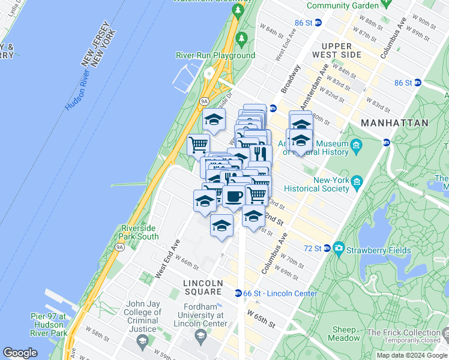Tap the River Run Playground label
(x=215, y=56)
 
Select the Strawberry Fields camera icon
(x=339, y=248)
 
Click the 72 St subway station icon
(x=327, y=248)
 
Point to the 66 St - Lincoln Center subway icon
(x=238, y=293)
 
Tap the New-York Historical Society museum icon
(x=357, y=182)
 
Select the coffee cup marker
(x=234, y=196)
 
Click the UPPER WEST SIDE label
(x=341, y=50)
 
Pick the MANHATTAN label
(x=394, y=122)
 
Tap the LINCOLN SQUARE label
(x=202, y=287)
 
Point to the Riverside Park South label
(x=140, y=232)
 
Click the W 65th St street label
(x=259, y=319)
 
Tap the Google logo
(x=20, y=353)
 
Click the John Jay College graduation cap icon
(x=143, y=343)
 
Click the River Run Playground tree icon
(x=242, y=39)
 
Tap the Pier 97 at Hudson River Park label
(x=49, y=324)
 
